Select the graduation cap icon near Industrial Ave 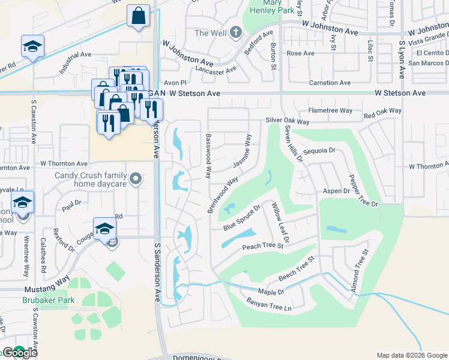32,47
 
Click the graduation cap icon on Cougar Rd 104,229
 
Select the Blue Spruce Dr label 241,218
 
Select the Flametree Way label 330,110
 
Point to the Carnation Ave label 330,83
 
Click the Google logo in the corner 20,353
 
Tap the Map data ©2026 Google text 411,355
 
